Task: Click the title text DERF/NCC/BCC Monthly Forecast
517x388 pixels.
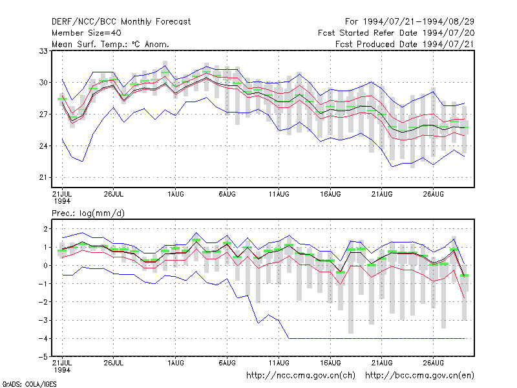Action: [x=121, y=22]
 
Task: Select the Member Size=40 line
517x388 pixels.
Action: [x=87, y=33]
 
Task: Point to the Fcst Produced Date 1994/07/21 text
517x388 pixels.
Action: [x=405, y=44]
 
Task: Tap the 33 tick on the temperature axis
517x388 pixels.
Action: [x=43, y=51]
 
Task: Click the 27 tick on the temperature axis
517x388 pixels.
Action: [x=43, y=114]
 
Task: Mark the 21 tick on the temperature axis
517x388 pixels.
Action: [x=43, y=177]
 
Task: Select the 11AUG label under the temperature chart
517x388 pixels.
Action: [x=279, y=194]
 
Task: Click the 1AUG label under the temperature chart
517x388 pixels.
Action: [x=175, y=194]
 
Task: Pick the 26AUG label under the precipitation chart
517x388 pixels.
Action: [x=433, y=363]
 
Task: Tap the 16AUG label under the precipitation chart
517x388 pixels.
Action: [x=330, y=363]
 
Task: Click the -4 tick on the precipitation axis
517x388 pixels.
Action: [x=43, y=338]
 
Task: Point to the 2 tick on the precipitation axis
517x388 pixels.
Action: [x=45, y=229]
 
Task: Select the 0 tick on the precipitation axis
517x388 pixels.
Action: [x=45, y=266]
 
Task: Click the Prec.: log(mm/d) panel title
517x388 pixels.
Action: [x=88, y=213]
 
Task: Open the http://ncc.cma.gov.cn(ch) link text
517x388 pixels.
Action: [x=301, y=376]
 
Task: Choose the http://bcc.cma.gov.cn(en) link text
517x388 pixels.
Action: [x=419, y=376]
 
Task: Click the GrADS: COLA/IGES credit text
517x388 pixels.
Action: [x=29, y=384]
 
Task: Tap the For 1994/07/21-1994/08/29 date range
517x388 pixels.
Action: [x=410, y=22]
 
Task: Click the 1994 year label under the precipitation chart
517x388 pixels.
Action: [x=62, y=370]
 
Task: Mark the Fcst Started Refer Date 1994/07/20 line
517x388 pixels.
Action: [x=396, y=33]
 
